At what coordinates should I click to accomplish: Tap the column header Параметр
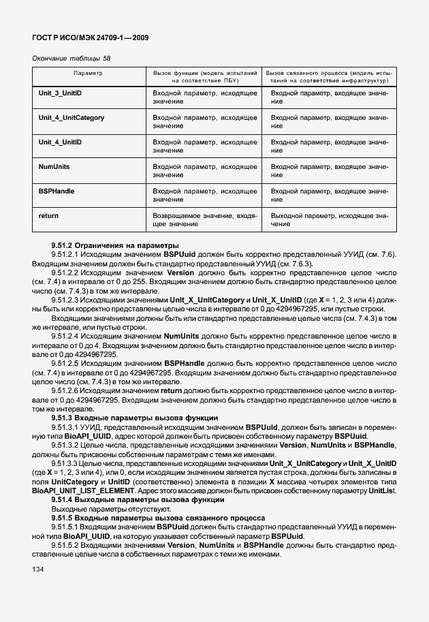click(x=88, y=72)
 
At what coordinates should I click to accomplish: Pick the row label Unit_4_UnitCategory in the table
click(x=71, y=118)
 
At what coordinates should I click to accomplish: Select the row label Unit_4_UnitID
click(x=61, y=142)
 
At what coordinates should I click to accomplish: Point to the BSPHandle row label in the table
click(x=57, y=191)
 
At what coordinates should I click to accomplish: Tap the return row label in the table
click(x=48, y=216)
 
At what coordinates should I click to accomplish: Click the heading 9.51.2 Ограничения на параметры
click(x=105, y=245)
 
